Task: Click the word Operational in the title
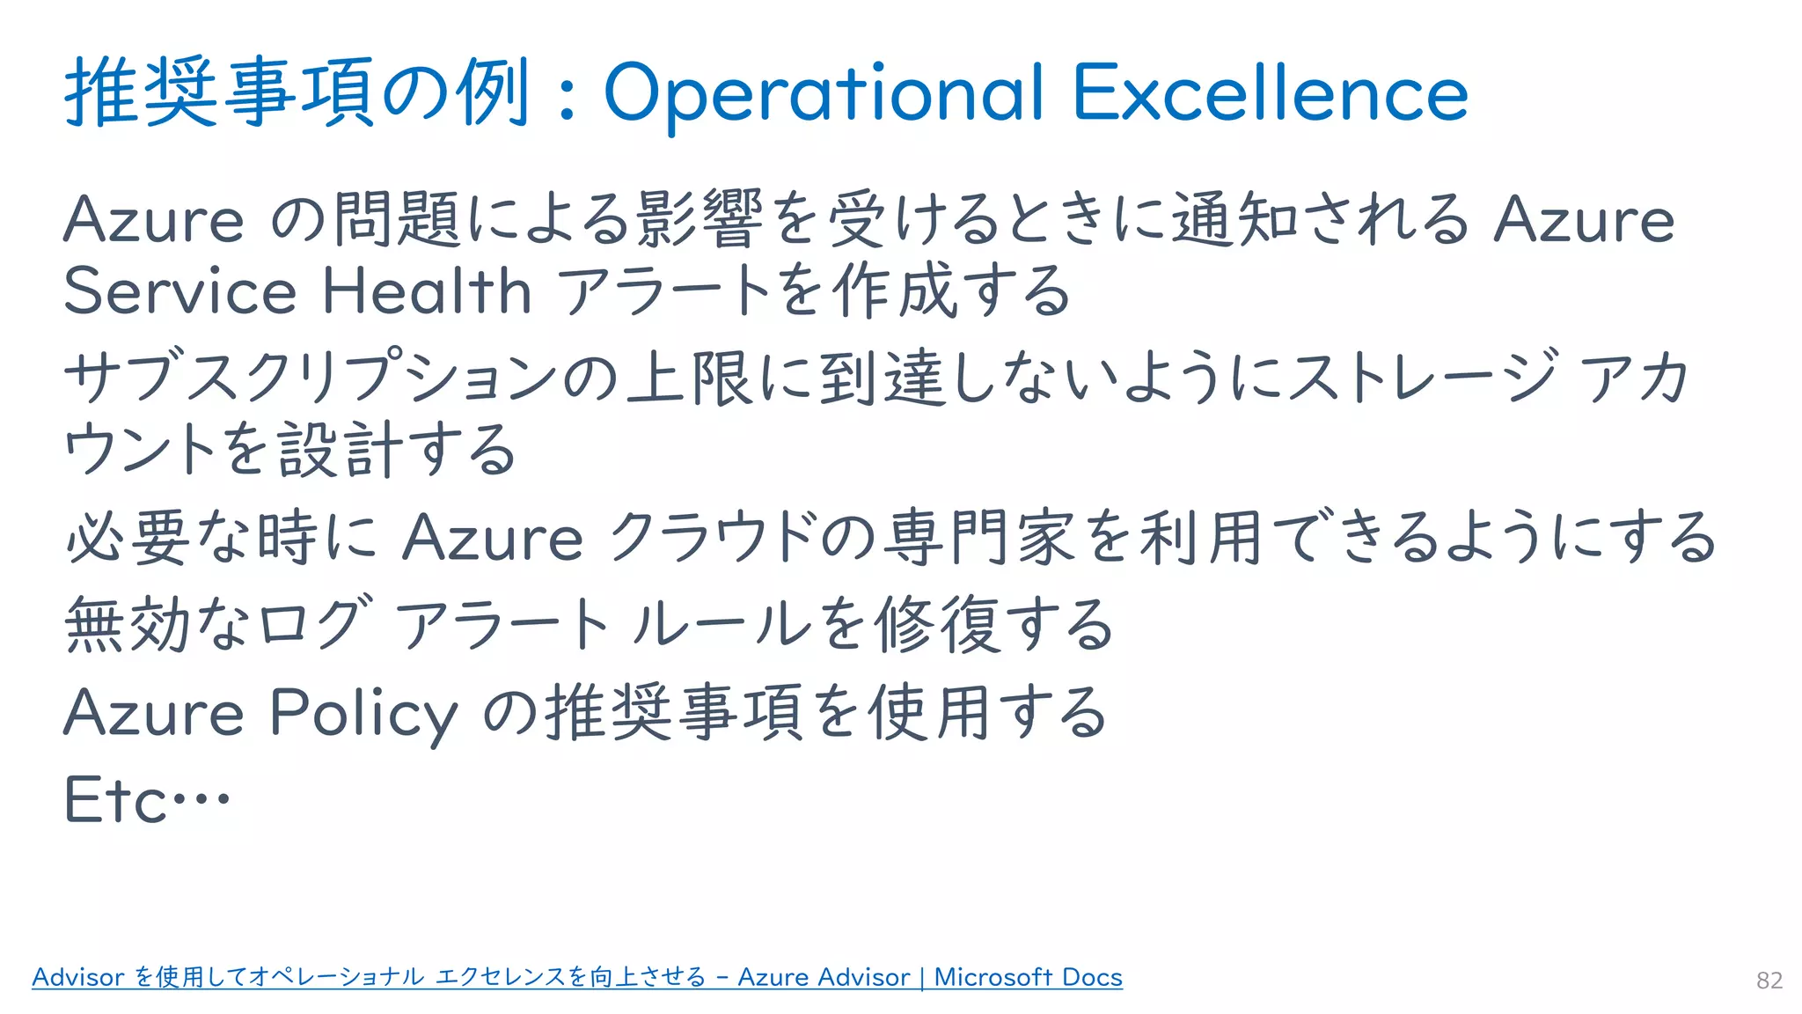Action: pyautogui.click(x=823, y=93)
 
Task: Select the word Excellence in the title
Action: pyautogui.click(x=1271, y=93)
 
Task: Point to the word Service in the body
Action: pyautogui.click(x=180, y=291)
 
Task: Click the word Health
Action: pyautogui.click(x=427, y=291)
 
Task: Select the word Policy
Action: pyautogui.click(x=363, y=713)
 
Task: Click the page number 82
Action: pyautogui.click(x=1769, y=981)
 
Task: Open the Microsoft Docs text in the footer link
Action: pyautogui.click(x=1028, y=977)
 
